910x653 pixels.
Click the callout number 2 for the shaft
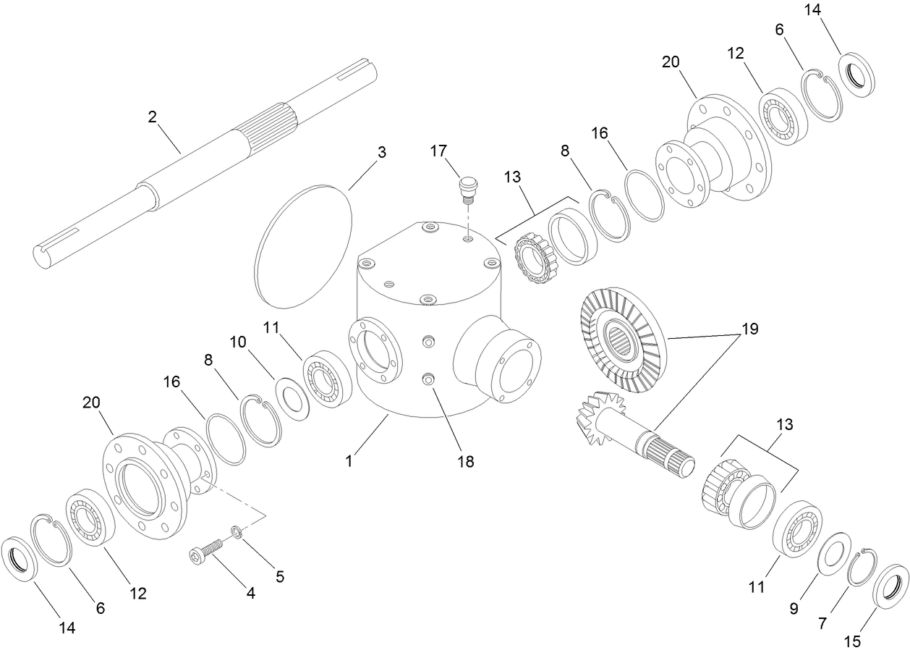pyautogui.click(x=153, y=117)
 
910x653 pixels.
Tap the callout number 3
pyautogui.click(x=382, y=152)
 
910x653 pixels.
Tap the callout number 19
pyautogui.click(x=749, y=329)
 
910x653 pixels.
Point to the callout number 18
pyautogui.click(x=466, y=461)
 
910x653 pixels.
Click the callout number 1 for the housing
pyautogui.click(x=349, y=460)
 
